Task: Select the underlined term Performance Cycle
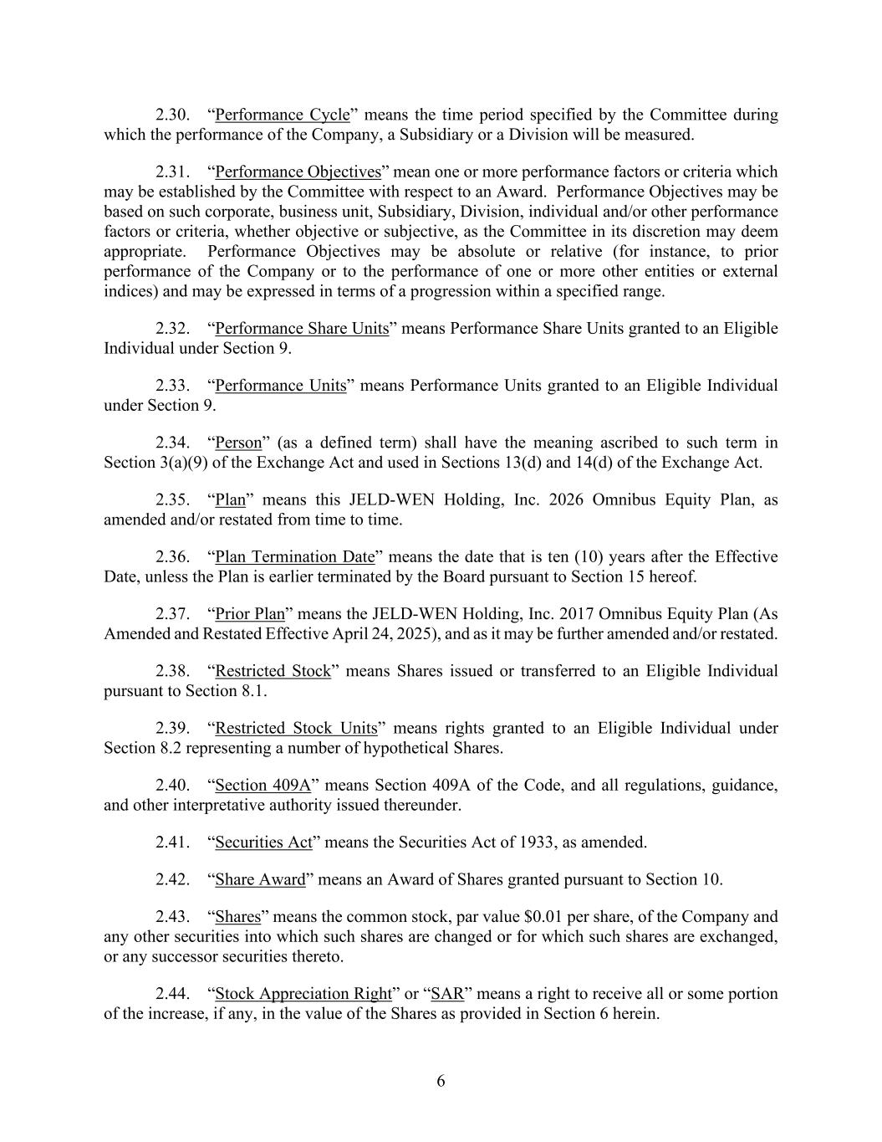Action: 282,115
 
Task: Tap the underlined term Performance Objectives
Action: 298,172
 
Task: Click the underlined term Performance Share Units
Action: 302,328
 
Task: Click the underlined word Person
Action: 238,443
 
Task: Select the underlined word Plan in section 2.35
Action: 230,499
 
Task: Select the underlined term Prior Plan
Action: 250,613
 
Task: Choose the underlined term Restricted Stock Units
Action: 296,728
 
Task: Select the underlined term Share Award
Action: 260,879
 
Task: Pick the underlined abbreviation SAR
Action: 447,993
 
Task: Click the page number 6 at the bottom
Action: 441,1081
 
